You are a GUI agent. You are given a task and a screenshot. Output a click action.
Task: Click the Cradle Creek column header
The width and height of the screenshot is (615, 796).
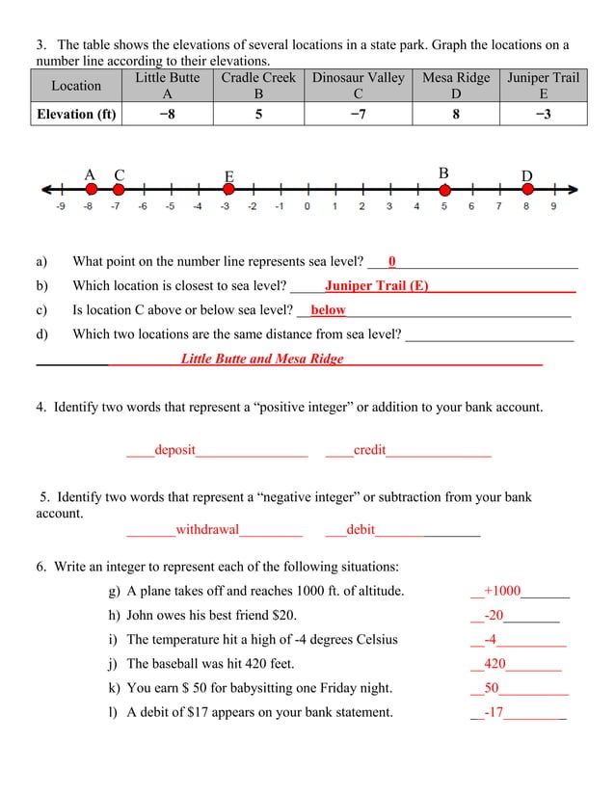pos(258,85)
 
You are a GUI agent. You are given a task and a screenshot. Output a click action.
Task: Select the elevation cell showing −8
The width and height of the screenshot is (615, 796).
pos(167,115)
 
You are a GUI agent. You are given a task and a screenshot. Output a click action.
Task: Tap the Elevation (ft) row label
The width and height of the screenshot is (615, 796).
pos(76,115)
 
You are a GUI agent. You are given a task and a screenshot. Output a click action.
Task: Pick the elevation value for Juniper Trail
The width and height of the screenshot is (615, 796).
pos(544,115)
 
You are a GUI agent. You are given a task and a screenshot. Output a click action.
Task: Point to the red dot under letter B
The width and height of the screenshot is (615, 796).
pos(444,190)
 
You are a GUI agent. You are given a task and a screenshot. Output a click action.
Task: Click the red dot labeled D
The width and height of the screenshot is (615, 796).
pos(527,190)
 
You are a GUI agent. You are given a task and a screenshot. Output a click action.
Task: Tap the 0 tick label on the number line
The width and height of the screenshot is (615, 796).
pos(307,205)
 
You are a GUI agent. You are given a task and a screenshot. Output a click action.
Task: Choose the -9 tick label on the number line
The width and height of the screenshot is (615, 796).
pos(61,205)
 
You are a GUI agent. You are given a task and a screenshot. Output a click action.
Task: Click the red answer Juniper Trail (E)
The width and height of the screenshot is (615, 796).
pos(376,285)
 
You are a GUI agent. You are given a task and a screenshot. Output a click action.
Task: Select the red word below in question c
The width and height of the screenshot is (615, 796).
pos(328,310)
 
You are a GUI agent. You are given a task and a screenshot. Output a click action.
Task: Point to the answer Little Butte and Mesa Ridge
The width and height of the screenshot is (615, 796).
pos(261,358)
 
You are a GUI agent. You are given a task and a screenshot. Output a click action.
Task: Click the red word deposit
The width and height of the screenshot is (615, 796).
pos(174,450)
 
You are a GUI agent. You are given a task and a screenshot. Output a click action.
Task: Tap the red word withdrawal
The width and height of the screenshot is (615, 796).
pos(207,529)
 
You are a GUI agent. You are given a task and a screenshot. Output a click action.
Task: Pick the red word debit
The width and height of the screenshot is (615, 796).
pos(361,529)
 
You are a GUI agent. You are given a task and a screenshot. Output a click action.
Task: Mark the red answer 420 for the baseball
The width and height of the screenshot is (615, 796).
pos(495,664)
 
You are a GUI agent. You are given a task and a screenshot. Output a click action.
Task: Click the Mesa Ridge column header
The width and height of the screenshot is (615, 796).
pos(456,85)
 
